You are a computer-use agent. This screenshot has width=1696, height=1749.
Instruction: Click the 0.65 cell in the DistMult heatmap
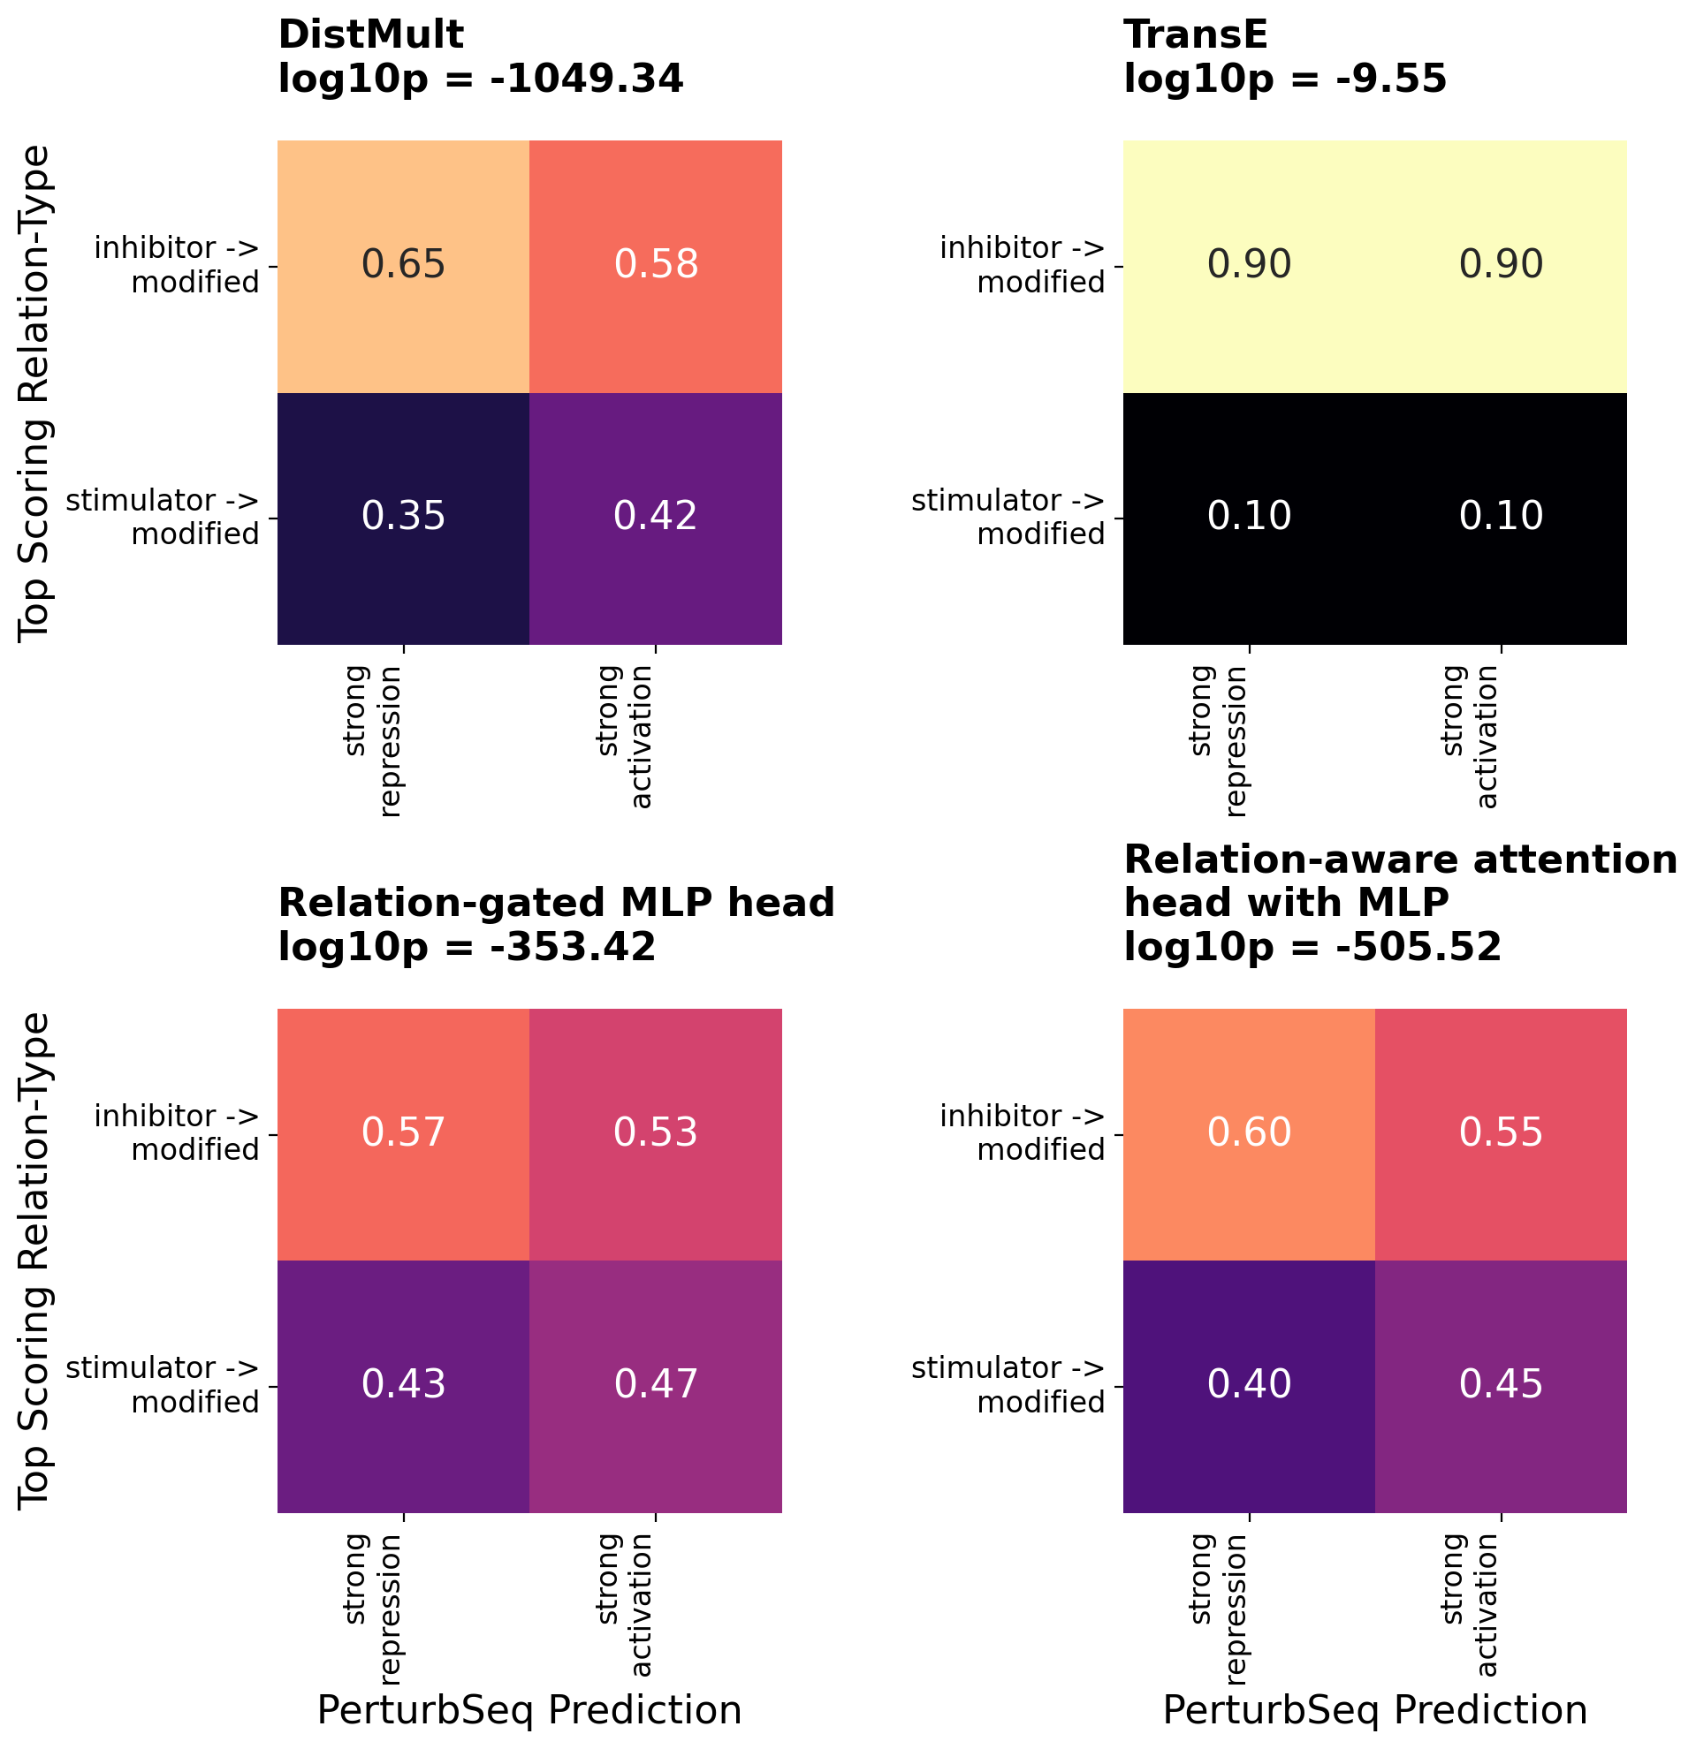click(x=404, y=265)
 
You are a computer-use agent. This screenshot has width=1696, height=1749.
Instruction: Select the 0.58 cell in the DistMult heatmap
click(x=656, y=265)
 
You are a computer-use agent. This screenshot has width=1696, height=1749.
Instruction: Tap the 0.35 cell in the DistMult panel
click(x=404, y=517)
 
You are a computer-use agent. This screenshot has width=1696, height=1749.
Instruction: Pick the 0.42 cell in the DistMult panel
click(x=656, y=517)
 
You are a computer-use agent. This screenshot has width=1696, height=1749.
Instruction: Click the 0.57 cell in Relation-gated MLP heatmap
click(x=404, y=1133)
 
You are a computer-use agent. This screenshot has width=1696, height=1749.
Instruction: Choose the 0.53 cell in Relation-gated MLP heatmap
click(x=656, y=1133)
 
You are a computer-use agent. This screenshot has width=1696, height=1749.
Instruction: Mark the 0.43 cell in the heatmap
click(x=404, y=1385)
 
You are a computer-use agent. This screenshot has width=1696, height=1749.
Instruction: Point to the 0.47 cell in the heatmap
click(x=656, y=1385)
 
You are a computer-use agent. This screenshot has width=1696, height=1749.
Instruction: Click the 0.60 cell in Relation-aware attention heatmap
click(x=1249, y=1133)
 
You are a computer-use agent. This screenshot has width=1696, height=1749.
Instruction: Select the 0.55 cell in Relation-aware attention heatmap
click(x=1501, y=1133)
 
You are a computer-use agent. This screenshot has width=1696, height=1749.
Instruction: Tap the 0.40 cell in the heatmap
click(x=1249, y=1385)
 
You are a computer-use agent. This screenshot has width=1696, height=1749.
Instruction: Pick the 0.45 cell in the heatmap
click(x=1501, y=1385)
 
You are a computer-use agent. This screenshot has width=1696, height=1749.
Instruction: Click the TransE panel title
click(x=1195, y=35)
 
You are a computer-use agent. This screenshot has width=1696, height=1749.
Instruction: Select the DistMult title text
click(x=370, y=35)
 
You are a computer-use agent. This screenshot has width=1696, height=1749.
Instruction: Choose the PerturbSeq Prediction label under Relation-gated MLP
click(x=529, y=1710)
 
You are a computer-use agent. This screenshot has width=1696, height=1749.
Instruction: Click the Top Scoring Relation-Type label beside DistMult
click(x=35, y=392)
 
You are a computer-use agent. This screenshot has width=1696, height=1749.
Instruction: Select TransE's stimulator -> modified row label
click(x=1008, y=518)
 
